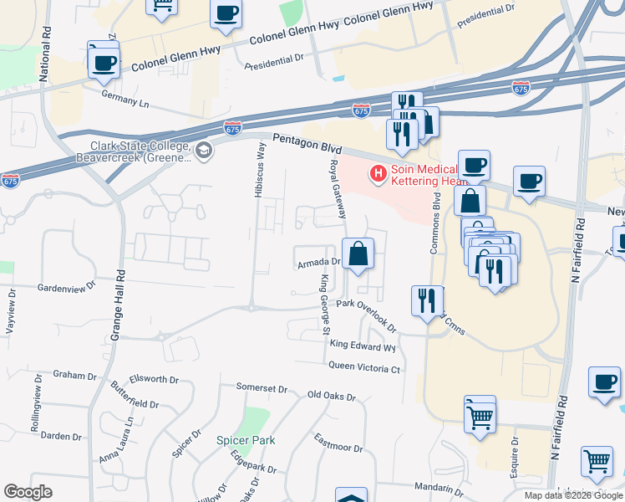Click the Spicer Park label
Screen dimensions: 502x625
[241, 440]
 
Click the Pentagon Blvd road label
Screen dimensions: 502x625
[302, 145]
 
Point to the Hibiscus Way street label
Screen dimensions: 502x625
[260, 170]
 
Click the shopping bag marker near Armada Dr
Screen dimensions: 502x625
[358, 253]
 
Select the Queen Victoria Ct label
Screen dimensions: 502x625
[364, 367]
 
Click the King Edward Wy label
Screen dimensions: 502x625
[363, 345]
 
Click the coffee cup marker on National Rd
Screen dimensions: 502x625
[104, 63]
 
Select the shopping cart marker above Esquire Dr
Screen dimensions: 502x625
[480, 413]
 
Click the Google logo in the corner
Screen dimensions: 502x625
[28, 492]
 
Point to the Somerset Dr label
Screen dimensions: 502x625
[261, 388]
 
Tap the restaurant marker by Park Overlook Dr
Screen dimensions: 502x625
[427, 300]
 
